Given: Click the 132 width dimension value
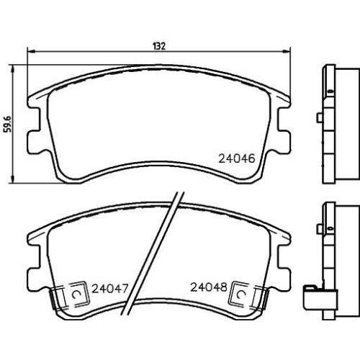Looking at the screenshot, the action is tap(159, 46).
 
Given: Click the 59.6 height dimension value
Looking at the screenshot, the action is tap(8, 124).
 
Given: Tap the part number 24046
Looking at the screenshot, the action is tap(236, 158).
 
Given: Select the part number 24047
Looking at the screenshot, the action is tap(110, 289).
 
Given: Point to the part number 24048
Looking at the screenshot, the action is tap(209, 287).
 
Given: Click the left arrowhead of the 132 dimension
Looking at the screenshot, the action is tap(32, 51).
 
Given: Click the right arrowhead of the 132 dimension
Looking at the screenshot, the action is tap(287, 51).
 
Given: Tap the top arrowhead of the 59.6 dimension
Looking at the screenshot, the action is tap(13, 68).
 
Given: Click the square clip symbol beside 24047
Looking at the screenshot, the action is tap(78, 294).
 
